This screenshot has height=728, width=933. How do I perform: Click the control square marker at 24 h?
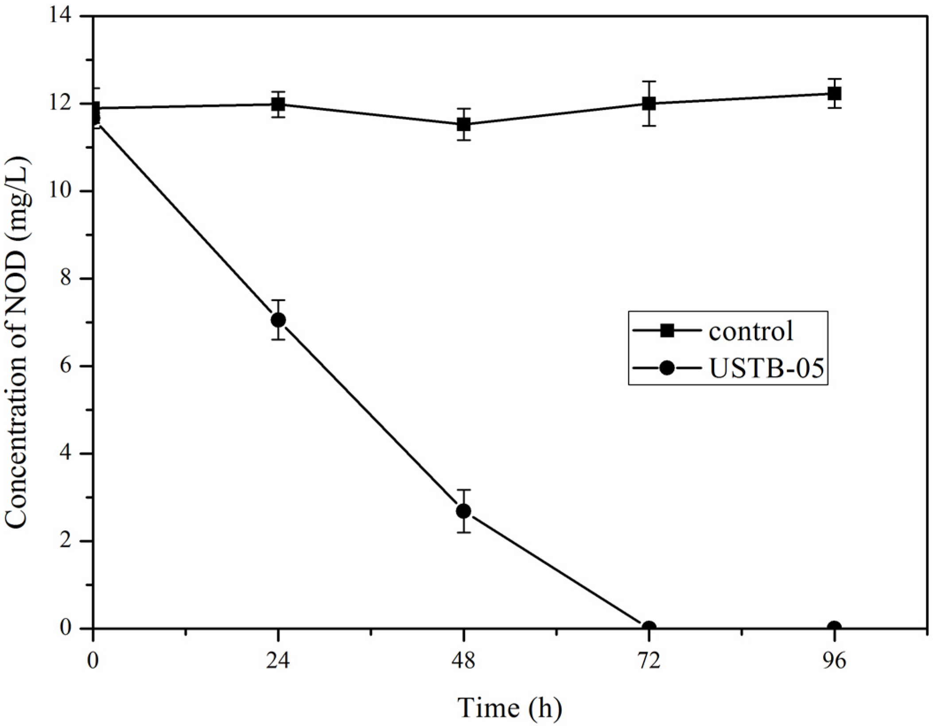pyautogui.click(x=278, y=104)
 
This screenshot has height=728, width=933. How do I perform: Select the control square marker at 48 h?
pyautogui.click(x=463, y=124)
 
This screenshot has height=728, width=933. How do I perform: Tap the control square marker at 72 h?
pyautogui.click(x=649, y=104)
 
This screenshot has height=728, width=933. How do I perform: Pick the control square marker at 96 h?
pyautogui.click(x=835, y=93)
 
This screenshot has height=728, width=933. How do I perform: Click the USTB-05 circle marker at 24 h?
pyautogui.click(x=278, y=320)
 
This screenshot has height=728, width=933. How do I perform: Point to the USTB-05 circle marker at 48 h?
pyautogui.click(x=463, y=511)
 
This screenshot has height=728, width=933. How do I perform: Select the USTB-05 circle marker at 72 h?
pyautogui.click(x=649, y=628)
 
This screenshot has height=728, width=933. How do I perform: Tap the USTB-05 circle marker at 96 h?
pyautogui.click(x=835, y=628)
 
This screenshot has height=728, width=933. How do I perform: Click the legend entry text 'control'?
pyautogui.click(x=750, y=331)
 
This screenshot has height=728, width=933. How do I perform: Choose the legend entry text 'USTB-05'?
pyautogui.click(x=766, y=368)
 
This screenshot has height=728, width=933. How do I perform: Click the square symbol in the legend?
pyautogui.click(x=667, y=331)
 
